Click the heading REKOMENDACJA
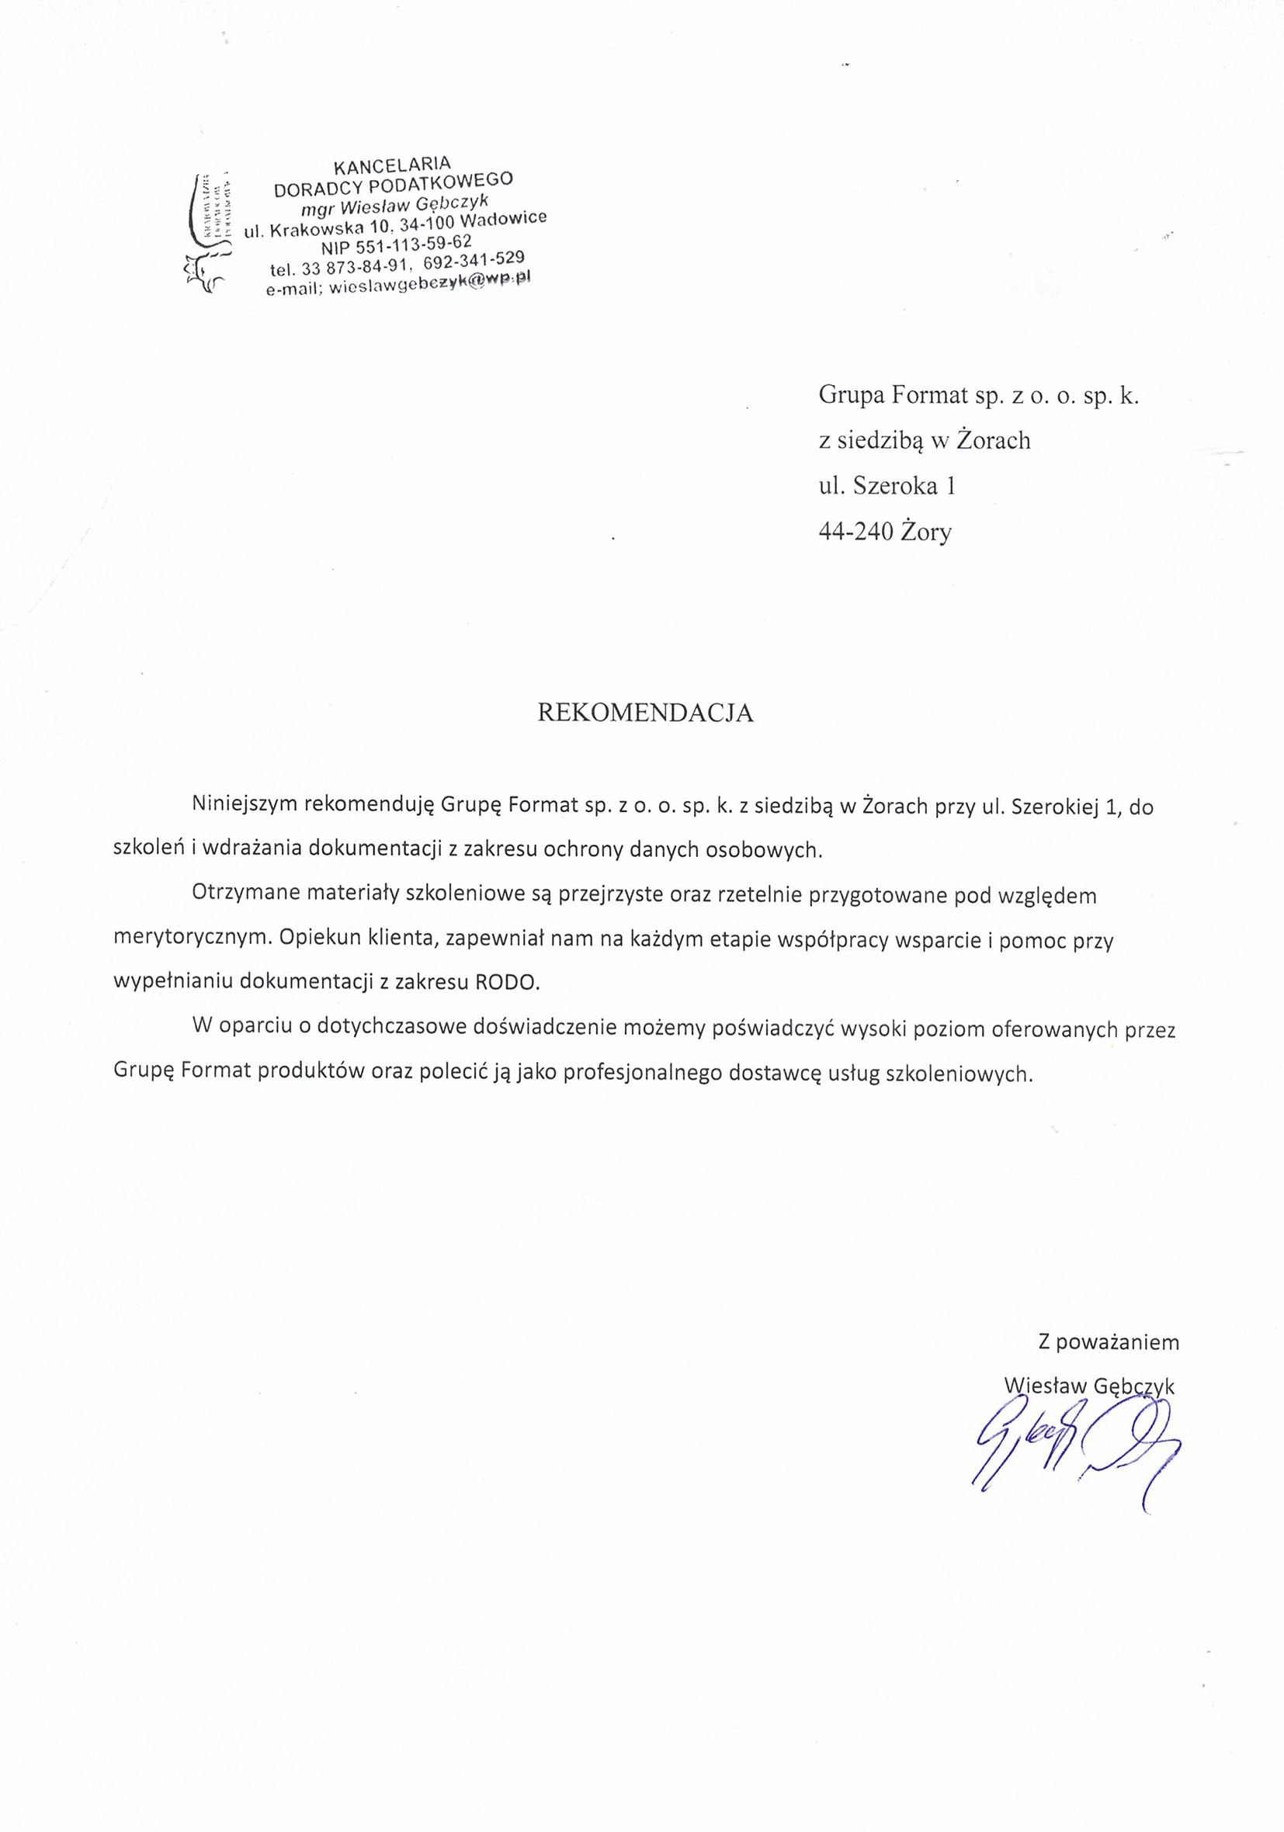(x=645, y=713)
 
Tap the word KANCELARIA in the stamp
(x=392, y=165)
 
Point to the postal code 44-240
(x=855, y=533)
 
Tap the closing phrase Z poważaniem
(x=1108, y=1342)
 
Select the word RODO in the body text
(x=507, y=983)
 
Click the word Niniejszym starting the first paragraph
(x=245, y=806)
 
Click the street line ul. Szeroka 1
(x=887, y=486)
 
